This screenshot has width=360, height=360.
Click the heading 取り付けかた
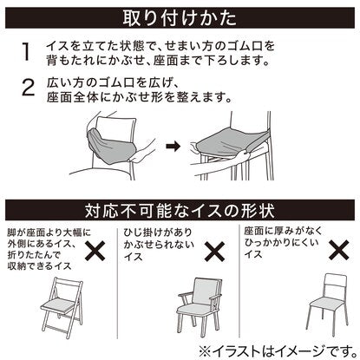(x=180, y=18)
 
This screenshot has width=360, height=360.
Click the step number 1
(x=26, y=51)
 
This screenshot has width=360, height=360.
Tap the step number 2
(x=28, y=88)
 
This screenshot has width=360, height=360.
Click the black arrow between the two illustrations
(x=173, y=146)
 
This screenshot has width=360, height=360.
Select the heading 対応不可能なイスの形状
(x=180, y=211)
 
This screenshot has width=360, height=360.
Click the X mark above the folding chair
(x=95, y=251)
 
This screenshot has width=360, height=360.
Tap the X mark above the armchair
(x=215, y=251)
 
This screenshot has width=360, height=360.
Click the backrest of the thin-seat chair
(x=336, y=281)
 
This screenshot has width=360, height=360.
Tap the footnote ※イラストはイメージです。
(x=278, y=350)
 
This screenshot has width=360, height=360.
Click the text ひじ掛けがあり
(x=158, y=232)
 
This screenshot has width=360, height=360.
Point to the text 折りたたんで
(x=34, y=254)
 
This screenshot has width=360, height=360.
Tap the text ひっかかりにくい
(x=281, y=242)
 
